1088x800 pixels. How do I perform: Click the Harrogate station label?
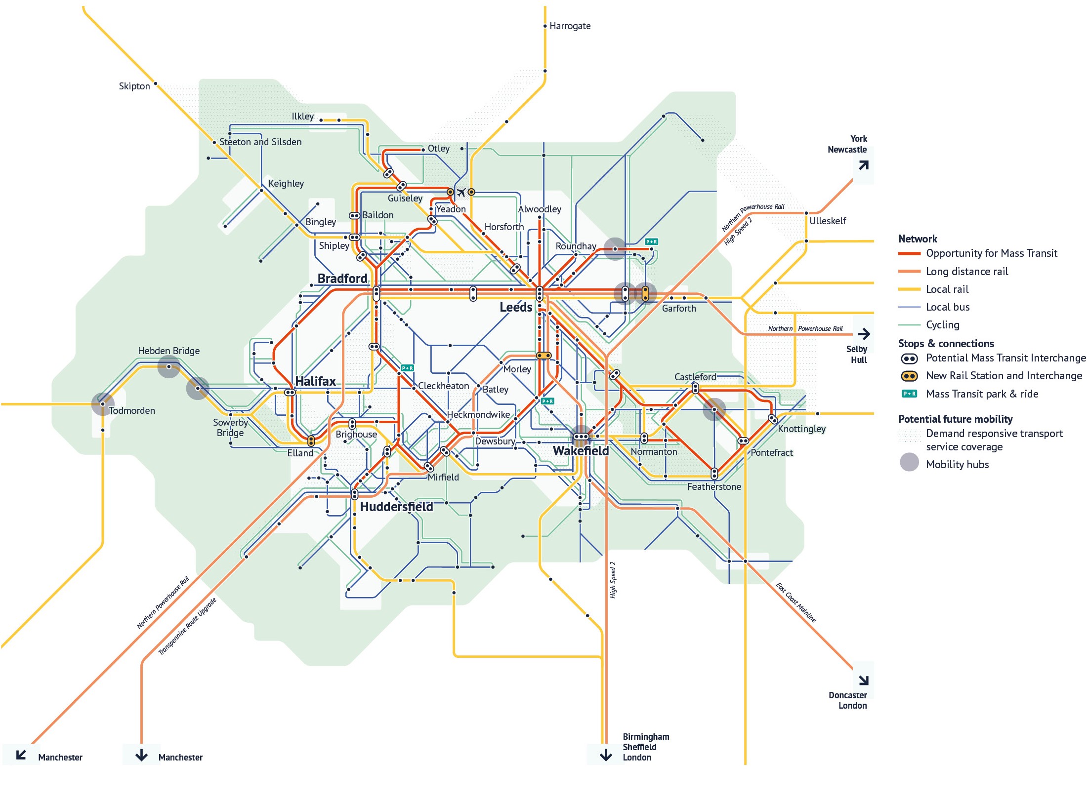570,26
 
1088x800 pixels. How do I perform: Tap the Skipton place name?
134,86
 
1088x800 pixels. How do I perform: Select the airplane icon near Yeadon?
461,192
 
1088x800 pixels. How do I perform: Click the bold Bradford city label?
342,279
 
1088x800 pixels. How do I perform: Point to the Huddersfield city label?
396,507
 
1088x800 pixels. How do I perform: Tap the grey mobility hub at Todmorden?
103,404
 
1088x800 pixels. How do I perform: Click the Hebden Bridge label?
168,351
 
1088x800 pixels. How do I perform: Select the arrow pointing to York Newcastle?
863,165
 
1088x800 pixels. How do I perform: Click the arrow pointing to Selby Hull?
864,334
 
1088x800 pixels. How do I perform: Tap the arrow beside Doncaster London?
863,680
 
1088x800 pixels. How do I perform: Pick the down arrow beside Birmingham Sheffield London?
605,755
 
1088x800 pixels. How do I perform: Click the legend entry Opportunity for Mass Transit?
991,253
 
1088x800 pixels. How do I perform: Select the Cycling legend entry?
942,325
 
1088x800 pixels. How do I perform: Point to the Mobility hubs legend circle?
909,463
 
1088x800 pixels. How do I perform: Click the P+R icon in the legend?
909,394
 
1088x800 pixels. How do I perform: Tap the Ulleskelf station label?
828,221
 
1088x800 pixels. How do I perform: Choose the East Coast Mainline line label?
795,602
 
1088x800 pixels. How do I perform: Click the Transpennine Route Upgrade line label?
187,626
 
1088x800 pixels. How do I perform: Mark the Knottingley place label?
801,429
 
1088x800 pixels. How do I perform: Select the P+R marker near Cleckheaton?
407,368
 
